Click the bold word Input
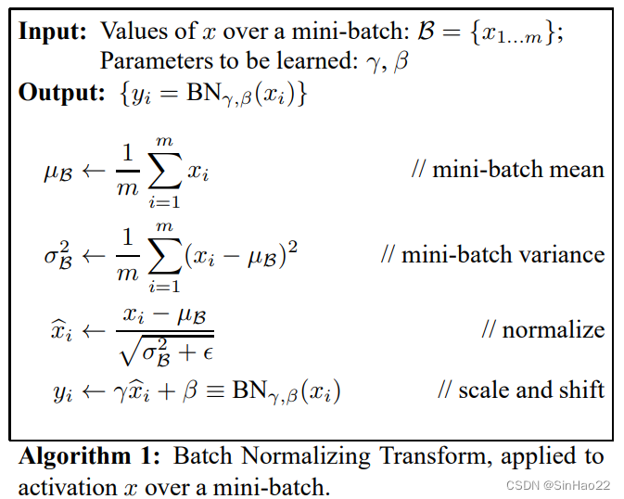pyautogui.click(x=52, y=32)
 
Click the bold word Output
pyautogui.click(x=62, y=93)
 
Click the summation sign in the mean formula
pyautogui.click(x=165, y=172)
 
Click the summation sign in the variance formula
pyautogui.click(x=165, y=256)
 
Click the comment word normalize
pyautogui.click(x=554, y=329)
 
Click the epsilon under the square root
pyautogui.click(x=208, y=352)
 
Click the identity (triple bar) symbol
pyautogui.click(x=214, y=390)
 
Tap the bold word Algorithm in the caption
pyautogui.click(x=75, y=456)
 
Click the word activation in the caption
pyautogui.click(x=68, y=487)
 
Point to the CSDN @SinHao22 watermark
pyautogui.click(x=558, y=485)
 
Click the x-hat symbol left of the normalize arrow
pyautogui.click(x=62, y=330)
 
